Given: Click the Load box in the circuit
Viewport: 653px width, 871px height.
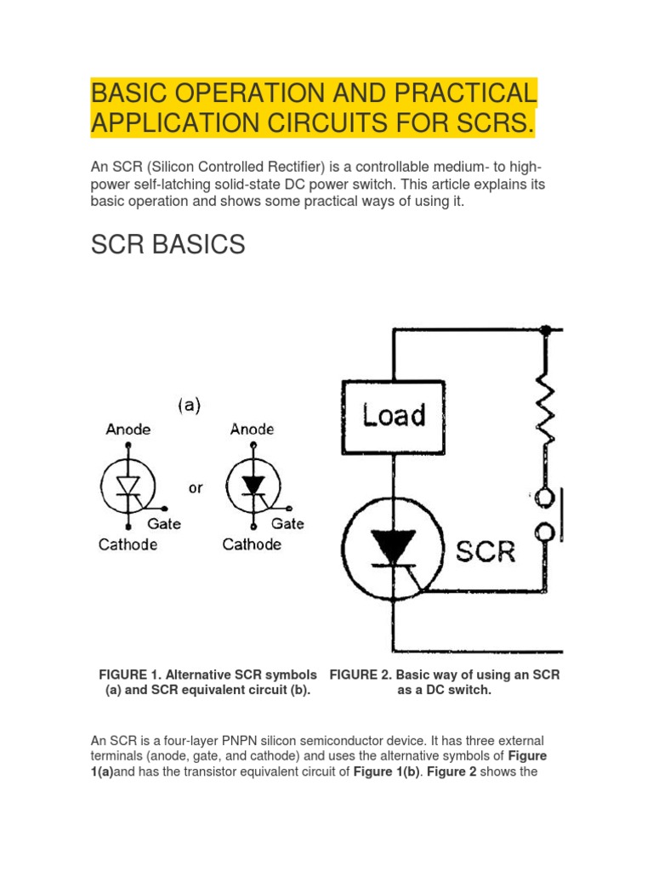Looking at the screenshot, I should [393, 415].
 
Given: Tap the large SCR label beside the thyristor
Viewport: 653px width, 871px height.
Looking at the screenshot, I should [485, 551].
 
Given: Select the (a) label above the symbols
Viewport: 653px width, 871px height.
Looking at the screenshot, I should [190, 406].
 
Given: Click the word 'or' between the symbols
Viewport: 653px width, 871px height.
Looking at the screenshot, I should [196, 488].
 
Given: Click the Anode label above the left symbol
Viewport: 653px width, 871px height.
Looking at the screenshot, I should [128, 430].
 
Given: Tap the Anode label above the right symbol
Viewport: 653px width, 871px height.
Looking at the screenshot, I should [253, 430].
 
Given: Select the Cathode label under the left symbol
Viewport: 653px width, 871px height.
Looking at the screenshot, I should [128, 544].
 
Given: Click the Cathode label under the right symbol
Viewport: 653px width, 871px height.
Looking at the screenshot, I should [252, 544].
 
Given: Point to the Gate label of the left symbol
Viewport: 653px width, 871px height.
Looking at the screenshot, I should [164, 524].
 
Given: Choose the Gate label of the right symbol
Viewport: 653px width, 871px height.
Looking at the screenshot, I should [287, 524].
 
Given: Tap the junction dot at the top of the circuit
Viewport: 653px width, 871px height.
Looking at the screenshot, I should [545, 329].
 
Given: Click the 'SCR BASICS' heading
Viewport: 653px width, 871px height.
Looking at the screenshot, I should [168, 245].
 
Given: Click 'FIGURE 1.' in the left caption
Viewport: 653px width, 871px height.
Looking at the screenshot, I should [130, 675].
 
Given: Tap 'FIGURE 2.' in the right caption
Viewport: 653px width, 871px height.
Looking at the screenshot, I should [361, 675].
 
